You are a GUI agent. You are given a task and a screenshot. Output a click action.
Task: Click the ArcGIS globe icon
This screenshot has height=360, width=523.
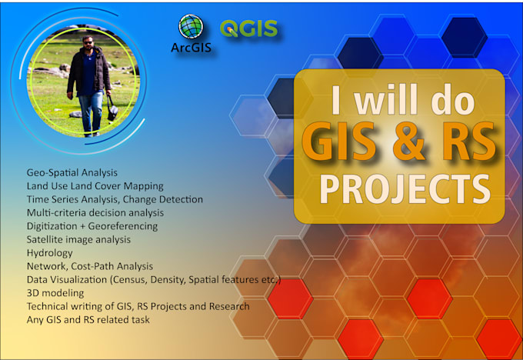(x=191, y=27)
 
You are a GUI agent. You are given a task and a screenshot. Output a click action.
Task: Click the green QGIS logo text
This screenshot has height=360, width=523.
(x=248, y=29)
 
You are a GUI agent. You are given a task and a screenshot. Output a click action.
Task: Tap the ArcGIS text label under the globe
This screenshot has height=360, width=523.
(x=191, y=49)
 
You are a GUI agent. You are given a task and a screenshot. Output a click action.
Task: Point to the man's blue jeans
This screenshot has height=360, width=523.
(x=89, y=108)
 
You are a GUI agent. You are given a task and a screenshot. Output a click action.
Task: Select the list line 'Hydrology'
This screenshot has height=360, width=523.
(x=50, y=252)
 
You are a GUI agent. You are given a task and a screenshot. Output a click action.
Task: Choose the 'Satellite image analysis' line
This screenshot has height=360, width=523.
(x=78, y=239)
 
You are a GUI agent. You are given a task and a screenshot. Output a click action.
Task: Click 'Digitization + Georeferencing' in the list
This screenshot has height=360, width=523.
(x=92, y=225)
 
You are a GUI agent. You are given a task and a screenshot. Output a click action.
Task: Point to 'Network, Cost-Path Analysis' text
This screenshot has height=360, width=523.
(x=90, y=265)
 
